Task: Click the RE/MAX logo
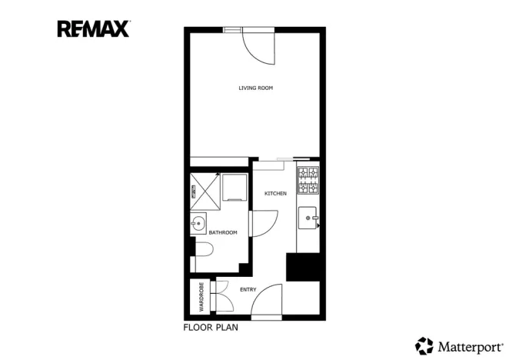pyautogui.click(x=93, y=29)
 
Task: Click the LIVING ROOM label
pyautogui.click(x=255, y=88)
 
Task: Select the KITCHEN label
pyautogui.click(x=275, y=193)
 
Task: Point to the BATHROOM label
pyautogui.click(x=223, y=232)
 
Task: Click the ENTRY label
pyautogui.click(x=248, y=290)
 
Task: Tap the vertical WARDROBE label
pyautogui.click(x=201, y=297)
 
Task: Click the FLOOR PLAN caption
pyautogui.click(x=211, y=328)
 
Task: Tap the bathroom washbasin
pyautogui.click(x=198, y=225)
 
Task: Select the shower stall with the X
pyautogui.click(x=205, y=187)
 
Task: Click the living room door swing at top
pyautogui.click(x=258, y=46)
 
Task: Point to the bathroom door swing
pyautogui.click(x=261, y=224)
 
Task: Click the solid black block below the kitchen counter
pyautogui.click(x=303, y=267)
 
